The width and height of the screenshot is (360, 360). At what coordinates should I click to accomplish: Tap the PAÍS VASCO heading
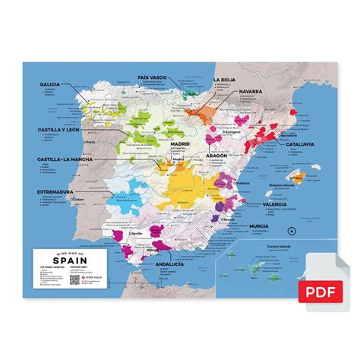point(153,77)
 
